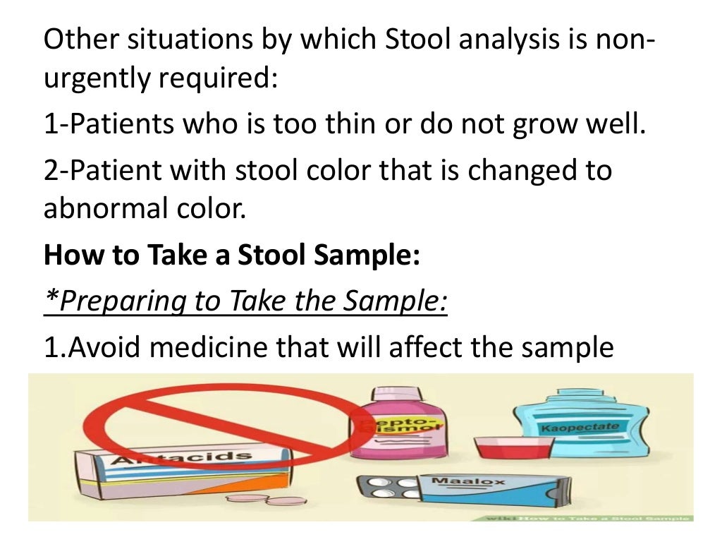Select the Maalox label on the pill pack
458,481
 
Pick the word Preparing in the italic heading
113,302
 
